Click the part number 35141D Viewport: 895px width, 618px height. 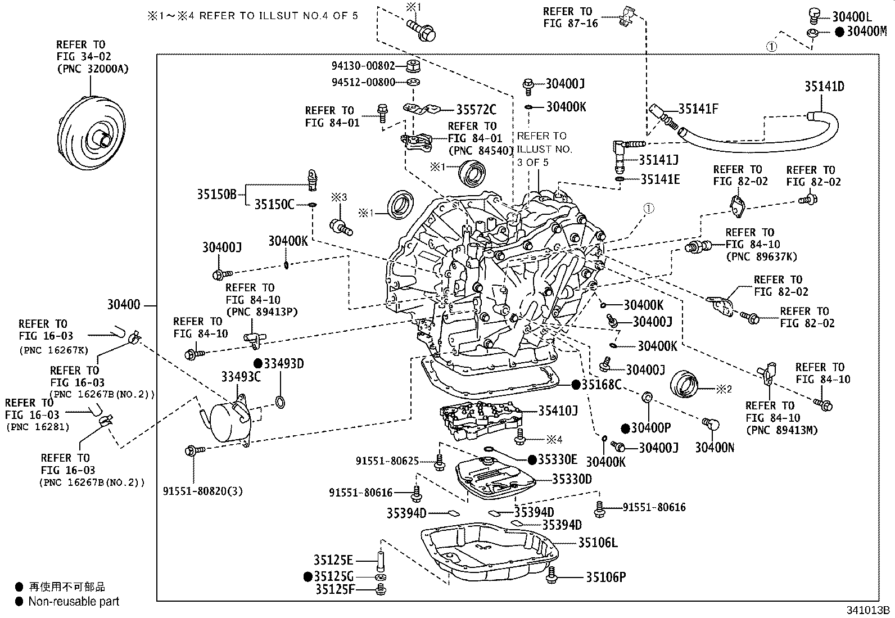pyautogui.click(x=824, y=87)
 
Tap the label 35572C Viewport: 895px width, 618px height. pyautogui.click(x=476, y=109)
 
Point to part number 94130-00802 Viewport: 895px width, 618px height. pyautogui.click(x=363, y=66)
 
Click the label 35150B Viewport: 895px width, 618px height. pyautogui.click(x=217, y=194)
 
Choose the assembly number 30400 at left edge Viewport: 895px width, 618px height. pyautogui.click(x=124, y=305)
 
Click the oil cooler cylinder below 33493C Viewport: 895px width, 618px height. pyautogui.click(x=226, y=419)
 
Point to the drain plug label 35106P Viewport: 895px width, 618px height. pyautogui.click(x=605, y=577)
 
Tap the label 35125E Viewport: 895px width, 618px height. pyautogui.click(x=333, y=560)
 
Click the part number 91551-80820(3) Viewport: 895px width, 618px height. pyautogui.click(x=203, y=491)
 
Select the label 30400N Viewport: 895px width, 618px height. pyautogui.click(x=715, y=448)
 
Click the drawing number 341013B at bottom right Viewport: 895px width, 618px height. pyautogui.click(x=868, y=610)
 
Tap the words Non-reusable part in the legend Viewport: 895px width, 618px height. pyautogui.click(x=74, y=602)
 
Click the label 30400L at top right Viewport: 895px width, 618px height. pyautogui.click(x=852, y=17)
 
